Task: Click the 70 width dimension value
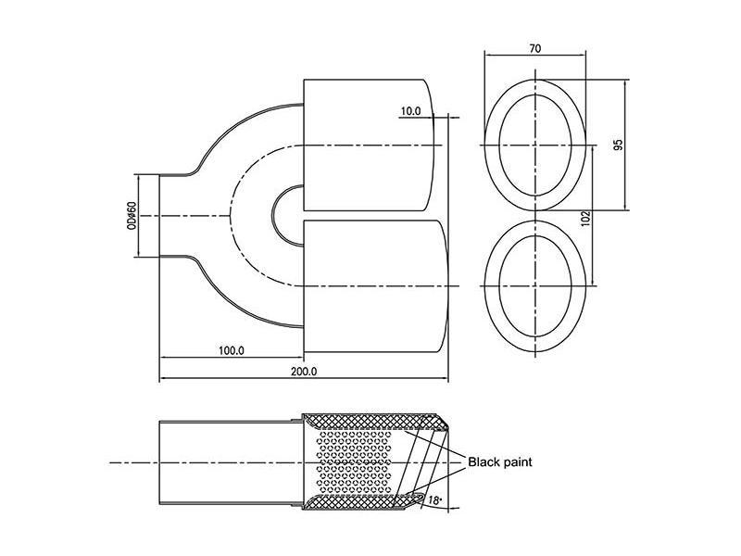click(535, 48)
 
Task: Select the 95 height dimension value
click(618, 145)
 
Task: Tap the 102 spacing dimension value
click(585, 219)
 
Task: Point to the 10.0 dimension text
click(410, 111)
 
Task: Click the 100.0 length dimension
click(231, 350)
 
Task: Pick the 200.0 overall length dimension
click(304, 372)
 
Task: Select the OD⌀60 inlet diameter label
click(132, 216)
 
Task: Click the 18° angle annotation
click(434, 499)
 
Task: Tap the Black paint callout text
click(499, 461)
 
